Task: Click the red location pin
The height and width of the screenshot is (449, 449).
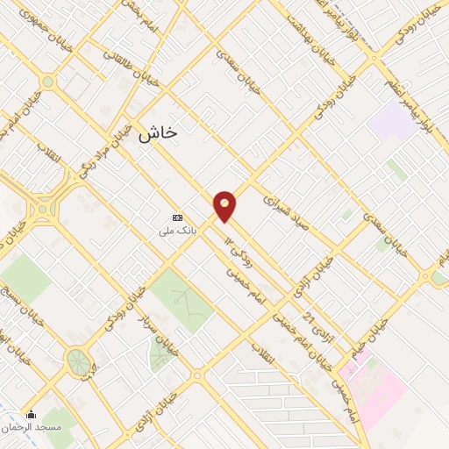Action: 225,205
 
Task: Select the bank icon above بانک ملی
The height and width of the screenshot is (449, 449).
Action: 178,217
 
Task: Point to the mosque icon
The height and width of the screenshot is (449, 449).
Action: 32,414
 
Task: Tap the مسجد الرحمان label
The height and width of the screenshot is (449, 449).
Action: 39,426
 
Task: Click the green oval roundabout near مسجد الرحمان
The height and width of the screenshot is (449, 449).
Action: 77,360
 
